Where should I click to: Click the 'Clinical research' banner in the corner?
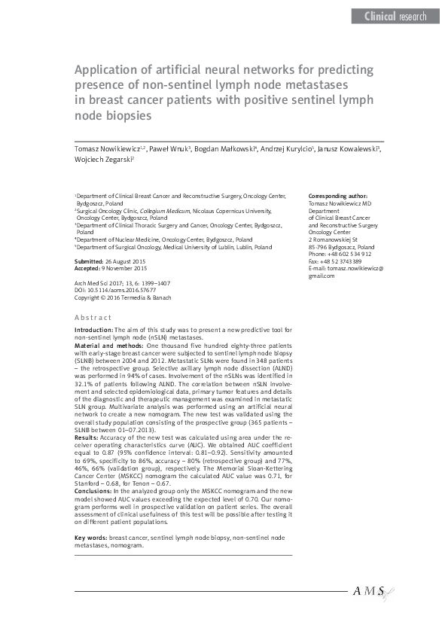click(395, 16)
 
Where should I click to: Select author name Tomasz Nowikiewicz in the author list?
click(111, 149)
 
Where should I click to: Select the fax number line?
click(334, 261)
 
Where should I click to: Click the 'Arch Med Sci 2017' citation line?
click(122, 282)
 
